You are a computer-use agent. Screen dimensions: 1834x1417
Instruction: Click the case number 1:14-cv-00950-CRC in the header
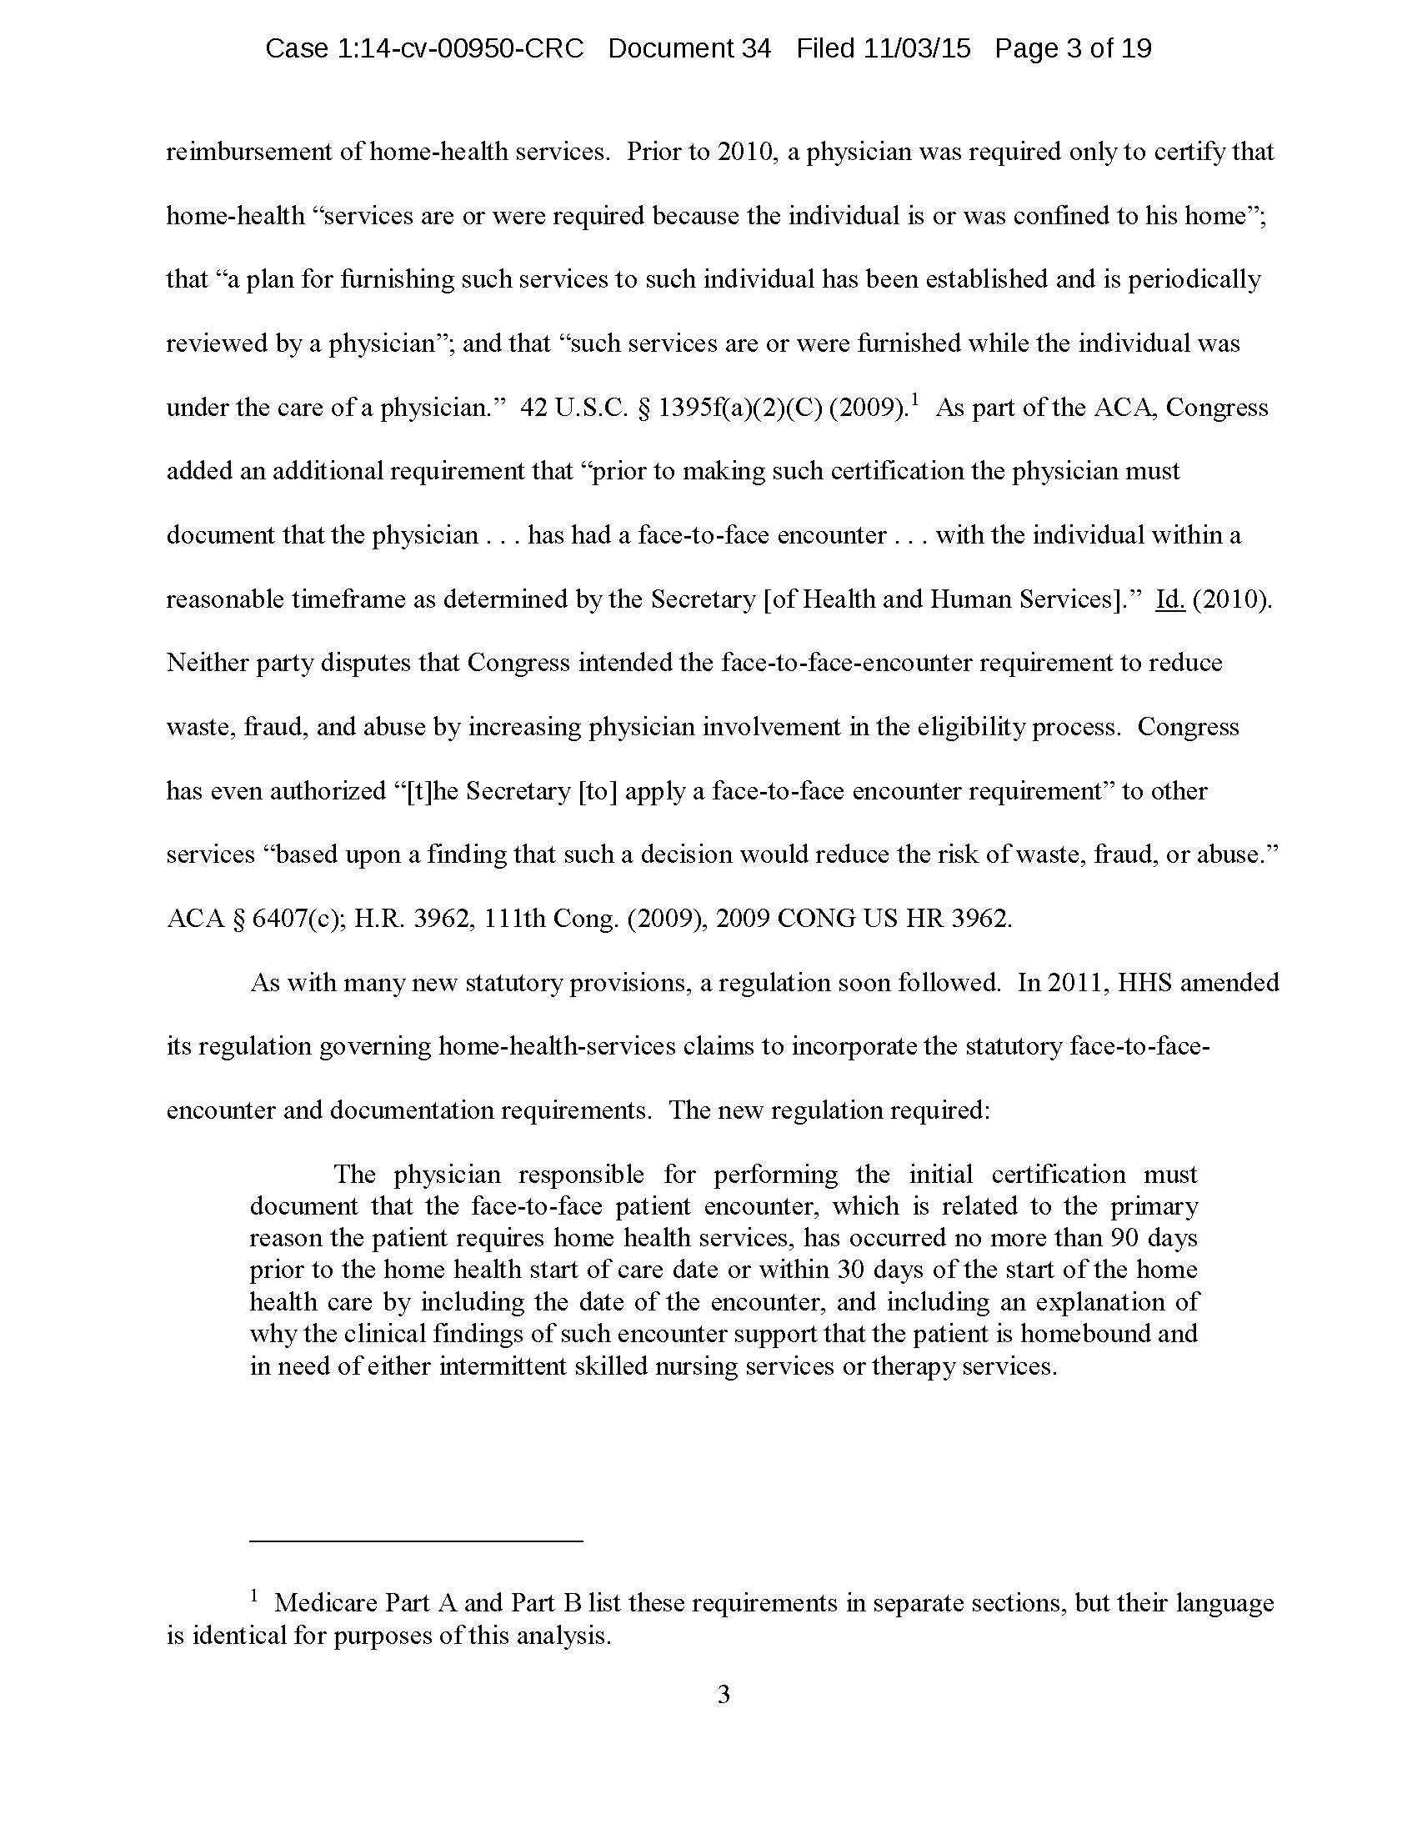(x=424, y=48)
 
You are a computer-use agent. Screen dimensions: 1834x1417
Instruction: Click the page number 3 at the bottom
(x=724, y=1696)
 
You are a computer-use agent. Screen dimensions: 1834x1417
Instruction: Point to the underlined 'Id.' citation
(x=1169, y=599)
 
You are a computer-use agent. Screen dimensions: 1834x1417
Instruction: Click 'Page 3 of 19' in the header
(x=1073, y=48)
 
